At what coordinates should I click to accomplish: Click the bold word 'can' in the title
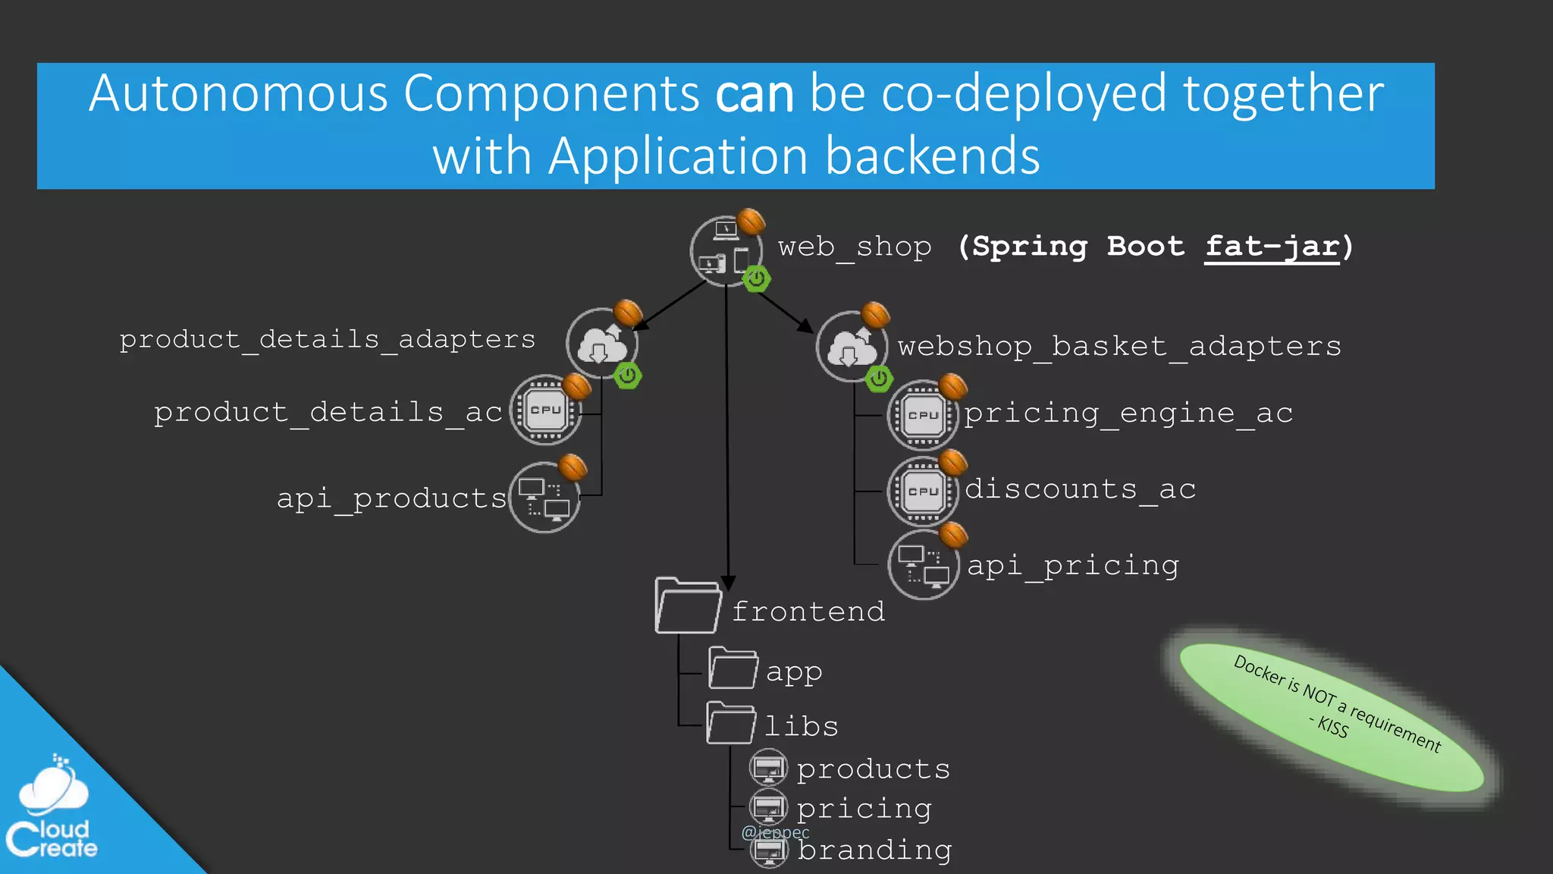[754, 94]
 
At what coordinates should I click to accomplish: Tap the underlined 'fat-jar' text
[1272, 247]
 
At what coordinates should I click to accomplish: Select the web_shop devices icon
[725, 251]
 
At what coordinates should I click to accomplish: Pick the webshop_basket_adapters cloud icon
[852, 347]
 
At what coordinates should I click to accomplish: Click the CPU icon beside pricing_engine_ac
[923, 415]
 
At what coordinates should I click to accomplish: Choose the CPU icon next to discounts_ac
[923, 491]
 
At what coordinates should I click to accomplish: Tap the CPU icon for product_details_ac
[545, 410]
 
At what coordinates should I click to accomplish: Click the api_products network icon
[544, 498]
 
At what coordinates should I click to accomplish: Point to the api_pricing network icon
[923, 566]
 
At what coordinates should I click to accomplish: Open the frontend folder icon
[687, 606]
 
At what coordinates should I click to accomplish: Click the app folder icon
[733, 668]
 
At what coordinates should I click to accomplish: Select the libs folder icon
[730, 723]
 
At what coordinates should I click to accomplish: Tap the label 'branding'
[874, 850]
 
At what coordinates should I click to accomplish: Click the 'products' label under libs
[873, 769]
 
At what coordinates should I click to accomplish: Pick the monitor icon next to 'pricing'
[768, 807]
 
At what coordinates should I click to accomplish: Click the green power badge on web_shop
[756, 279]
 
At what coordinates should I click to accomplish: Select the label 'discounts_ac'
[1080, 489]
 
